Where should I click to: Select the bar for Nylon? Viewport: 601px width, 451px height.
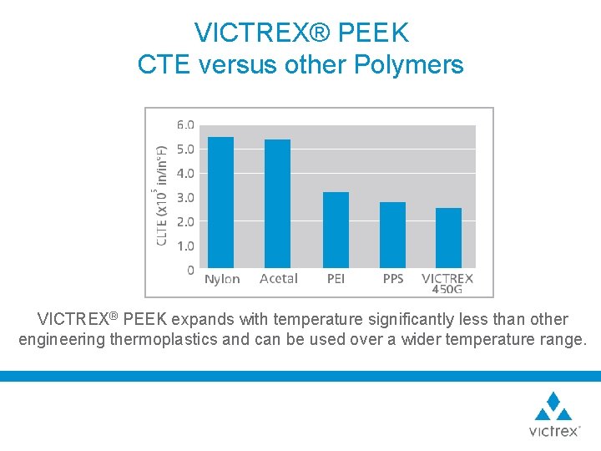click(x=220, y=203)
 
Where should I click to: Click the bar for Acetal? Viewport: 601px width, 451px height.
click(x=277, y=205)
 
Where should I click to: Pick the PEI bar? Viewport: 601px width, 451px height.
click(x=336, y=231)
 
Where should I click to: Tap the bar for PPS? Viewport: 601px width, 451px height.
click(x=392, y=236)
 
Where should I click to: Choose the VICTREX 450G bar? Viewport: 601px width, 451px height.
click(x=448, y=239)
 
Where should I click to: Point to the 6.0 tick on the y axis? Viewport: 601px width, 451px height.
click(x=185, y=125)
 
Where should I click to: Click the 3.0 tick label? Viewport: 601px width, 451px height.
click(x=185, y=198)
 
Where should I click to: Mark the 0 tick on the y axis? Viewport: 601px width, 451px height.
click(x=190, y=270)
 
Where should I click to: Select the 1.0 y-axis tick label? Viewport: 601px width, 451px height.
click(x=185, y=246)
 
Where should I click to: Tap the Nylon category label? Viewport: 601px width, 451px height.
click(x=222, y=279)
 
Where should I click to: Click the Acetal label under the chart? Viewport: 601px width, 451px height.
click(x=278, y=279)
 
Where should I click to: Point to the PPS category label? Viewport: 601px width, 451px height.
click(x=393, y=279)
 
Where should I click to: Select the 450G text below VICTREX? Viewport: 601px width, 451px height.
click(x=447, y=290)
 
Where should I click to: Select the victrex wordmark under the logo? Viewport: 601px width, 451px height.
click(x=553, y=431)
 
